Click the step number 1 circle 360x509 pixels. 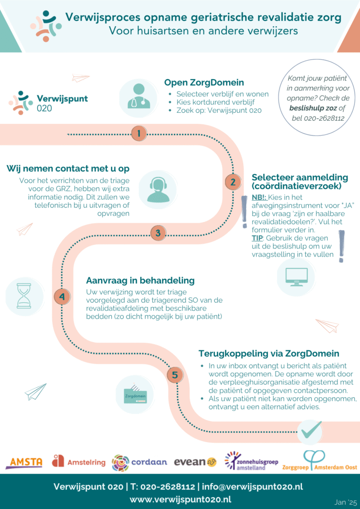(x=139, y=133)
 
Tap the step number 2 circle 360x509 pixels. (x=232, y=182)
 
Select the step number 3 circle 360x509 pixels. (x=158, y=233)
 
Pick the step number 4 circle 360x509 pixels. (x=62, y=297)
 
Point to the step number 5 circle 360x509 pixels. (x=175, y=375)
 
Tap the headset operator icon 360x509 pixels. (x=158, y=189)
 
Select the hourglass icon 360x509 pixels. (x=23, y=296)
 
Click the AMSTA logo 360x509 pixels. (x=24, y=462)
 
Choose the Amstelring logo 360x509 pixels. (x=79, y=462)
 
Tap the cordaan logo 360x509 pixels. (x=139, y=462)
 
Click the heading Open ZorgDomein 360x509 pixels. (x=204, y=83)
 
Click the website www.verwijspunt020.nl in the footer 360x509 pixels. (x=180, y=499)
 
